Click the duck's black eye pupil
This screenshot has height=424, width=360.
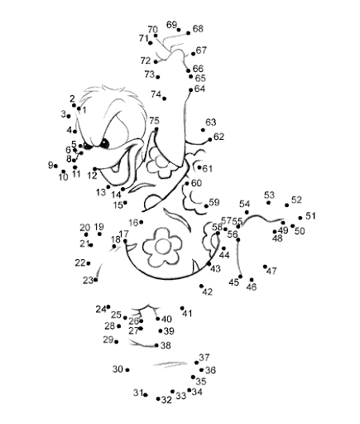point(104,143)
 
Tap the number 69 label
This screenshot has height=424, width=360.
point(171,25)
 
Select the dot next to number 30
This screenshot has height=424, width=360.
point(127,370)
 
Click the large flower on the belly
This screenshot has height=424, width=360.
point(162,246)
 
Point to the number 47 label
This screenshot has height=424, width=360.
point(271,271)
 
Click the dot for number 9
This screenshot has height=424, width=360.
point(55,166)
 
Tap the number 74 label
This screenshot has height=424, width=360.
point(156,94)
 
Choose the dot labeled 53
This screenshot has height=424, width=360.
point(268,203)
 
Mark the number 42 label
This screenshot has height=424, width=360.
point(208,291)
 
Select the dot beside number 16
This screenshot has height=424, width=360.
point(142,222)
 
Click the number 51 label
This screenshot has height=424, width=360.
point(310,216)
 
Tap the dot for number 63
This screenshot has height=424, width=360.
point(203,130)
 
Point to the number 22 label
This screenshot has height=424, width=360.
point(80,263)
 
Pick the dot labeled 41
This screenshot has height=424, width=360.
point(182,308)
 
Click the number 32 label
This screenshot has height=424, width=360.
point(166,400)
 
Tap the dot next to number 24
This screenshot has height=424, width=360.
point(108,306)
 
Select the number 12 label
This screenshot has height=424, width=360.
point(92,176)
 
